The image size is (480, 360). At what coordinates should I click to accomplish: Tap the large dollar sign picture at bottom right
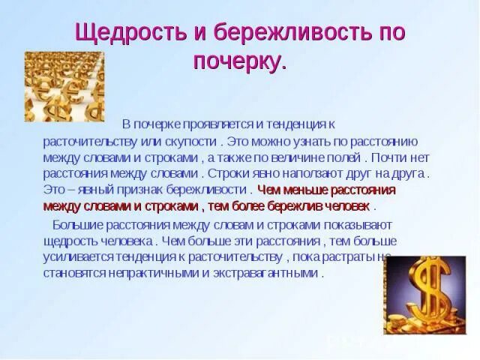click(424, 295)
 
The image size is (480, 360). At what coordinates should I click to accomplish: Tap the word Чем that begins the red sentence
click(268, 190)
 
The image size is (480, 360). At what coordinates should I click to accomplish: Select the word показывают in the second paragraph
click(355, 225)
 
